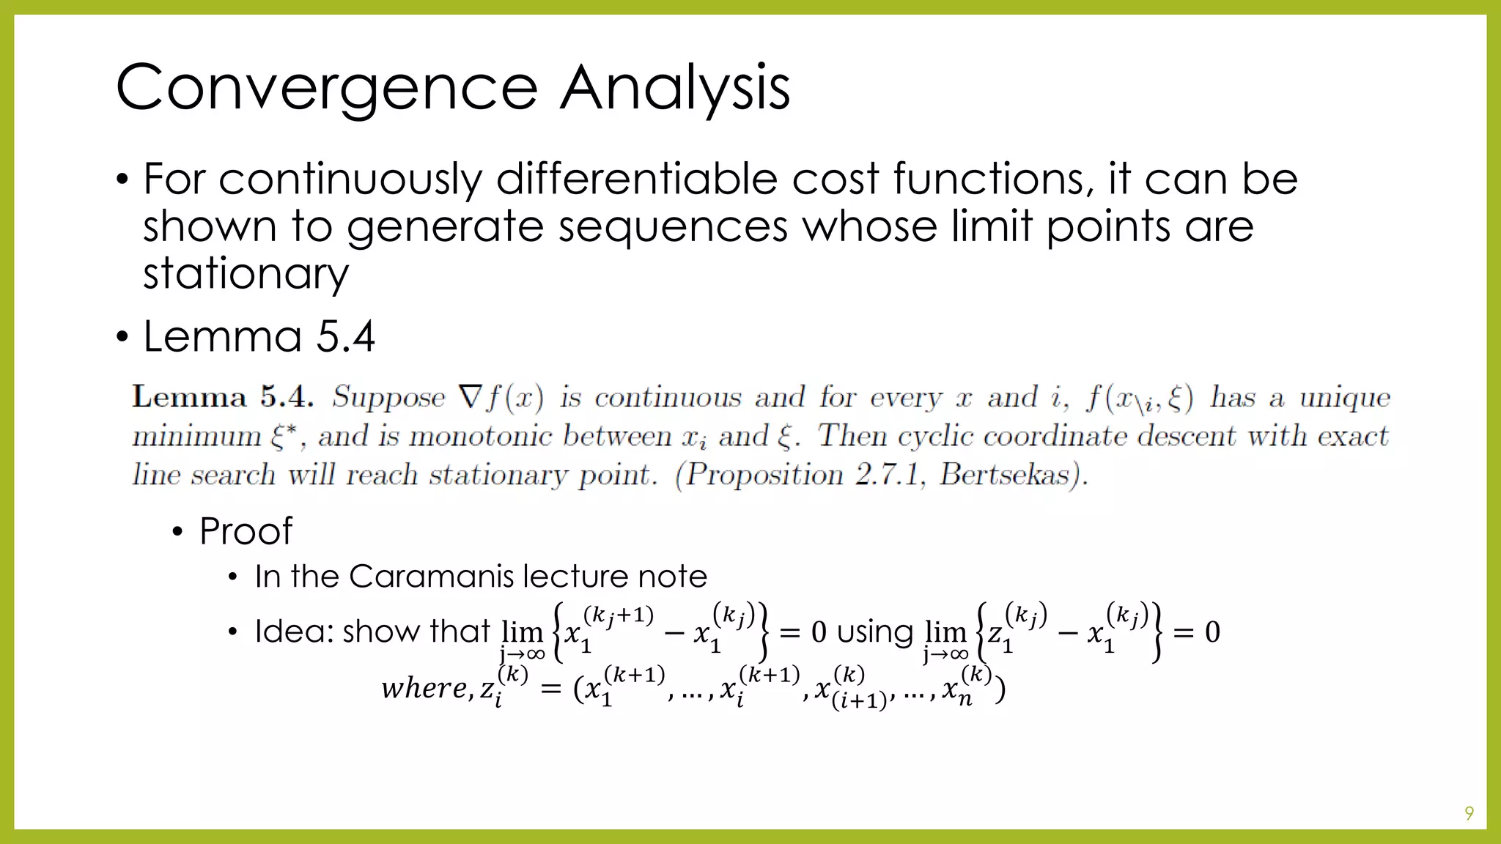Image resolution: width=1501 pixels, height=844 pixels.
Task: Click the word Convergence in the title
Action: (327, 88)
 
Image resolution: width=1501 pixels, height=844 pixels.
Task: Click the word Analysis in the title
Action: (675, 88)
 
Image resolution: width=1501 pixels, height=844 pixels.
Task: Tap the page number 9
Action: (1469, 812)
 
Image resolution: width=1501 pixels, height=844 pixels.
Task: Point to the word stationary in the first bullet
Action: (246, 274)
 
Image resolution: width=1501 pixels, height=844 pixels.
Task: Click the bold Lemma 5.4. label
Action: (223, 397)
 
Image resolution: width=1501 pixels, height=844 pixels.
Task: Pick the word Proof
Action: (246, 531)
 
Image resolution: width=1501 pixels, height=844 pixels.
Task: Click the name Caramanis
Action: (432, 577)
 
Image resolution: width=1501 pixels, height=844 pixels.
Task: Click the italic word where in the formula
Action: (424, 688)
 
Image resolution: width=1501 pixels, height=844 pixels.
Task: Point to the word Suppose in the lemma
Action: (388, 397)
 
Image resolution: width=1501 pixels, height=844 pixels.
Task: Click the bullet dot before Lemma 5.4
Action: (122, 337)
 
